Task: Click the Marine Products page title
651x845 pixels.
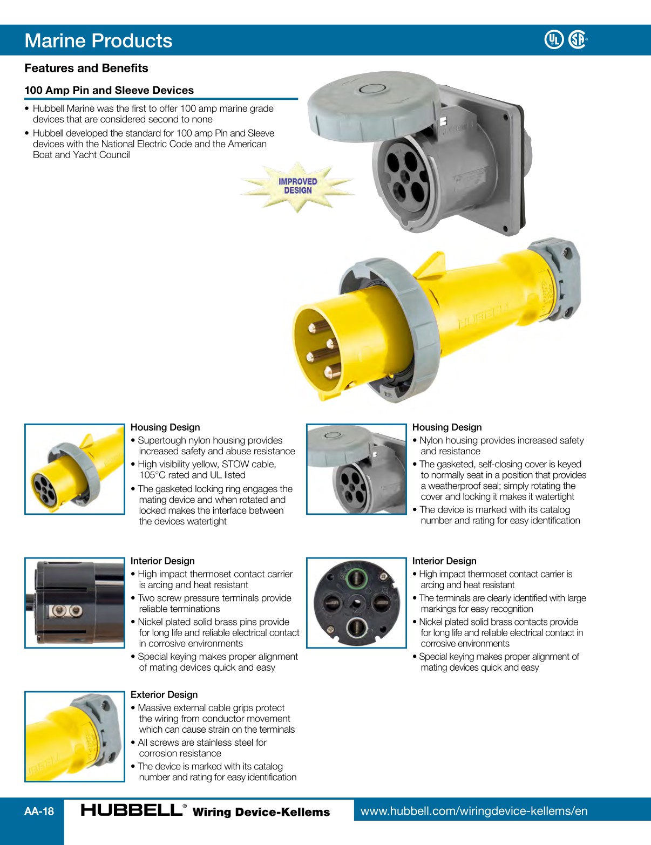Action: [x=98, y=40]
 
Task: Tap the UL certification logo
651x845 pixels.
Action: [x=553, y=39]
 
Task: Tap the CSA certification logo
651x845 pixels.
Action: [x=578, y=39]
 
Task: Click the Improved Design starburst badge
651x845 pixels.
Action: [x=297, y=186]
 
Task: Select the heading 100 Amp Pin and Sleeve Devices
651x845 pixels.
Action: [x=109, y=90]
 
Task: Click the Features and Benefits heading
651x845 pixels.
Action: [x=86, y=68]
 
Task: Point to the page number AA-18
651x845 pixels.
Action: [x=39, y=811]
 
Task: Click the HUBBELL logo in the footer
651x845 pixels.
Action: [x=131, y=810]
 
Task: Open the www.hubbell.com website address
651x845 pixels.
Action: [x=473, y=811]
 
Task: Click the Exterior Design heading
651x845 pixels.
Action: [x=164, y=694]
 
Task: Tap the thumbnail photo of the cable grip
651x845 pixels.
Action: [x=74, y=737]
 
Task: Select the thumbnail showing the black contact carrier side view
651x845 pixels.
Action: [x=74, y=603]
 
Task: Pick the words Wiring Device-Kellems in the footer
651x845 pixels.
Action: [x=261, y=812]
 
